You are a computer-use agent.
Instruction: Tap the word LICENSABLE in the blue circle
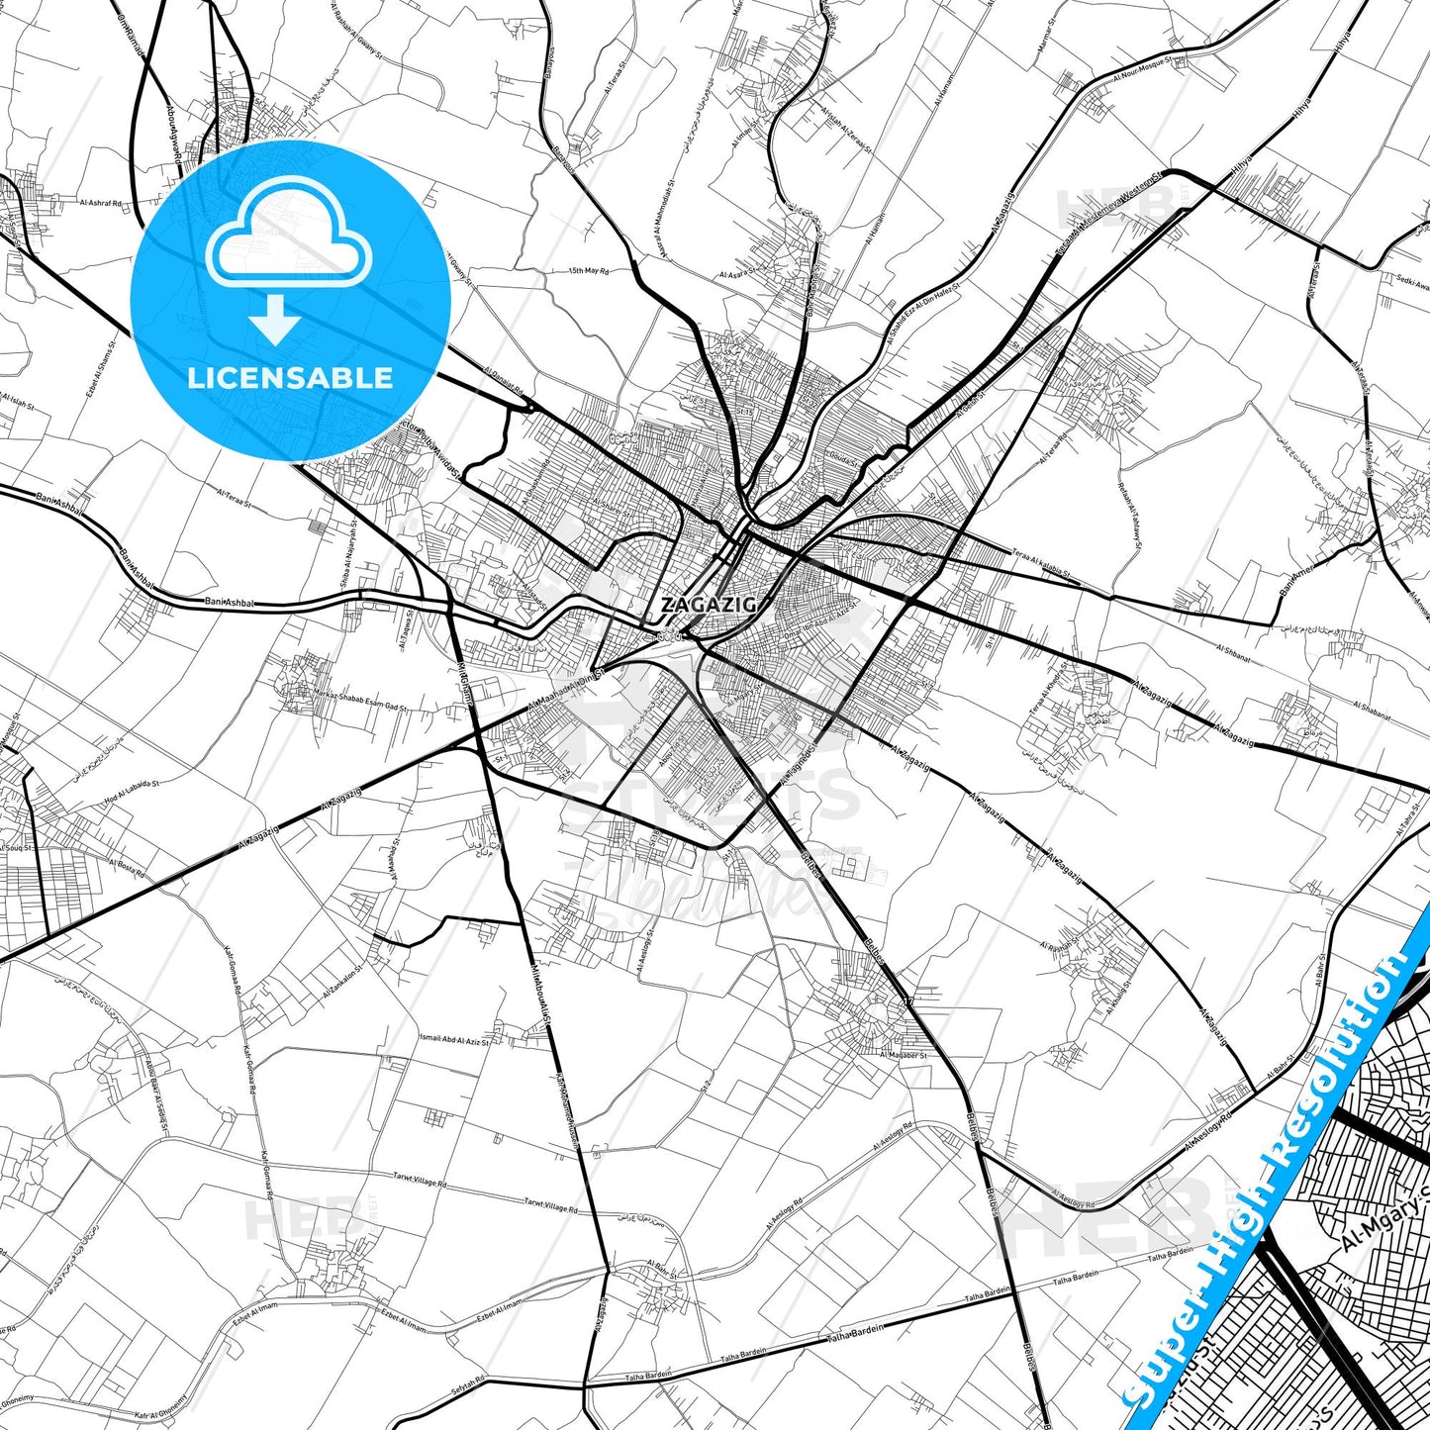[x=290, y=378]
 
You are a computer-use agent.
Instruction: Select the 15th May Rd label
[x=589, y=270]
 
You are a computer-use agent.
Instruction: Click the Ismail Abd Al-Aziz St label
[x=454, y=1040]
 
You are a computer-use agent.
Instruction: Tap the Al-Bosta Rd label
[x=127, y=869]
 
